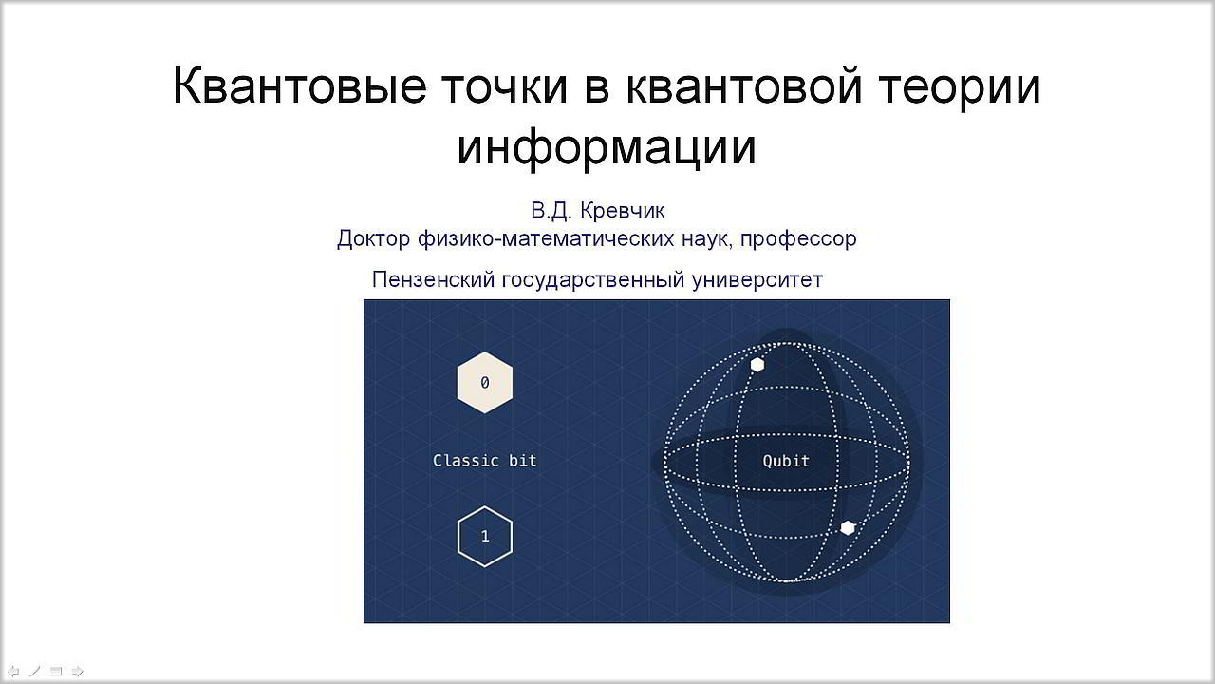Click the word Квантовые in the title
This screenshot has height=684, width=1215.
pyautogui.click(x=300, y=85)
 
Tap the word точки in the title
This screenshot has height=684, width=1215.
pyautogui.click(x=504, y=86)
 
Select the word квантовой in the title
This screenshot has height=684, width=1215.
pyautogui.click(x=744, y=85)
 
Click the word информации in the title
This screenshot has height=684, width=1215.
pyautogui.click(x=607, y=146)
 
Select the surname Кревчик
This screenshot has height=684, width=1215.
pyautogui.click(x=623, y=211)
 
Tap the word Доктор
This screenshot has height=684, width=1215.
pyautogui.click(x=373, y=238)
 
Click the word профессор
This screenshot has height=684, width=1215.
pyautogui.click(x=798, y=238)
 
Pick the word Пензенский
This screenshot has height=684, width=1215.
pyautogui.click(x=434, y=279)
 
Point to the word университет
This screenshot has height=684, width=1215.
pyautogui.click(x=757, y=280)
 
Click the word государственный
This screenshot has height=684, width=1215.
pyautogui.click(x=593, y=280)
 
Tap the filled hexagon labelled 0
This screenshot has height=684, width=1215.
pyautogui.click(x=485, y=383)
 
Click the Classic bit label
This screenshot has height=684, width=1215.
pyautogui.click(x=485, y=461)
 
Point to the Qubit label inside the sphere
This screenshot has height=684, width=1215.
pyautogui.click(x=786, y=462)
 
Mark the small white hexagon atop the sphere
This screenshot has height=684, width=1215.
pyautogui.click(x=757, y=365)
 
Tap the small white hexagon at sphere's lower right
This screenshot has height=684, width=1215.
pyautogui.click(x=848, y=527)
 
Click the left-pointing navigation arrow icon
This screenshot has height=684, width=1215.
pyautogui.click(x=13, y=672)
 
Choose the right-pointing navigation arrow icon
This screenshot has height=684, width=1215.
pyautogui.click(x=78, y=672)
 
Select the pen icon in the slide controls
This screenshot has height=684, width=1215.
pyautogui.click(x=35, y=672)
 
